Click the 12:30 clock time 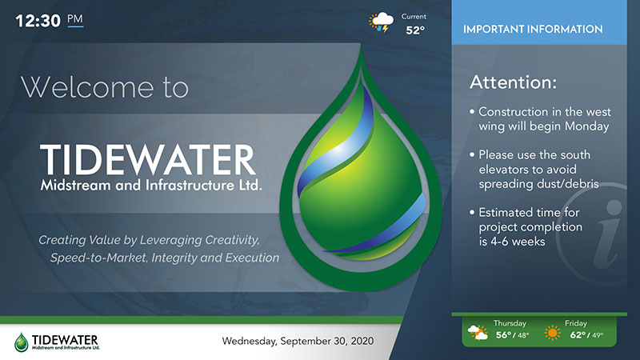tap(38, 21)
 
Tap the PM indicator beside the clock tap(75, 19)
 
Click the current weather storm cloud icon tap(382, 22)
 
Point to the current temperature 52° tap(415, 30)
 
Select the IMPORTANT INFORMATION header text tap(533, 29)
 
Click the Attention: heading tap(513, 82)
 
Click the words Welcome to tap(105, 87)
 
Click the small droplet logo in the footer tap(22, 342)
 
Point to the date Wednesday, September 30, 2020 tap(298, 341)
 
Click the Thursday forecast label tap(510, 323)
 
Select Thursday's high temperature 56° tap(504, 335)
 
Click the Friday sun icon tap(552, 333)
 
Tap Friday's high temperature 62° tap(578, 335)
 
